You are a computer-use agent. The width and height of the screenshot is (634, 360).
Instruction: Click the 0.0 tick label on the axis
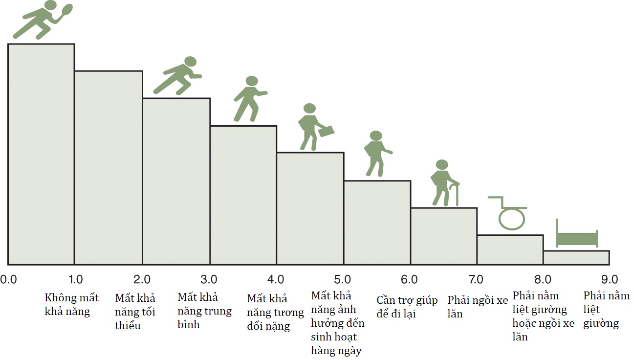(x=8, y=280)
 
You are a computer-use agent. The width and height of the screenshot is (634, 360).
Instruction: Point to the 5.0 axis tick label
(x=343, y=280)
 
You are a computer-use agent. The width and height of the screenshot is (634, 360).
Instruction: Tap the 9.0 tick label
(x=610, y=280)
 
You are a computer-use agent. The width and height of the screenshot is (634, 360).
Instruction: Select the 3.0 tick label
(x=209, y=280)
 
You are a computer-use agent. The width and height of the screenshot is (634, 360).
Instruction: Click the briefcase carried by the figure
(x=326, y=131)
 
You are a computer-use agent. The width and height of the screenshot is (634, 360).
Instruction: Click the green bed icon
(x=577, y=238)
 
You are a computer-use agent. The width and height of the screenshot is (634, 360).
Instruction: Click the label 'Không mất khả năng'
(x=71, y=305)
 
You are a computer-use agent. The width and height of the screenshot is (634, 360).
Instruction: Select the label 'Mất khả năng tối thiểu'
(x=135, y=312)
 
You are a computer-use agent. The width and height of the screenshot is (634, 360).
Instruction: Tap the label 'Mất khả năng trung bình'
(x=204, y=311)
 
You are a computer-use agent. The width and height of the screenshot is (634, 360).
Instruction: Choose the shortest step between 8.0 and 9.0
(x=576, y=257)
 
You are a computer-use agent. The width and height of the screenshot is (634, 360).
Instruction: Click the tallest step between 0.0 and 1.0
(x=41, y=154)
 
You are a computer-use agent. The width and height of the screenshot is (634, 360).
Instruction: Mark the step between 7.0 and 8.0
(x=510, y=249)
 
